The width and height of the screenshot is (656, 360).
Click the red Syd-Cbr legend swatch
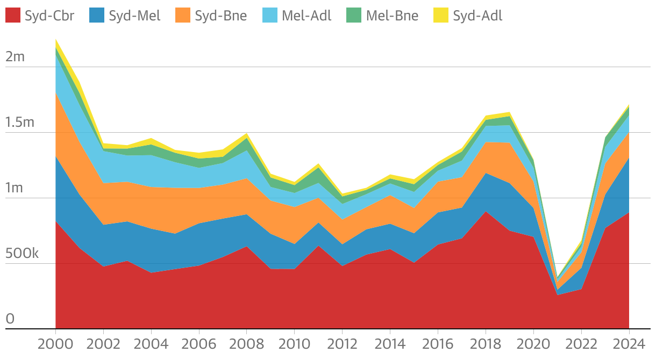[x=13, y=16]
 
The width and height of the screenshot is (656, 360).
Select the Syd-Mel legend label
[x=134, y=16]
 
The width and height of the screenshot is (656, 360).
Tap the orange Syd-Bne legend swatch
[x=183, y=16]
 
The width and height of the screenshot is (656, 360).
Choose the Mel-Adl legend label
[x=306, y=16]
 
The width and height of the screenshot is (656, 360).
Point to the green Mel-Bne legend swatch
[x=354, y=16]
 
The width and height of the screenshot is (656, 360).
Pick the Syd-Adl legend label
[x=477, y=16]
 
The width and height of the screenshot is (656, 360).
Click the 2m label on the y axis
[x=15, y=56]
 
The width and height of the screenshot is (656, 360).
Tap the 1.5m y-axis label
[x=20, y=122]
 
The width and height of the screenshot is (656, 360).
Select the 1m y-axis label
[x=15, y=188]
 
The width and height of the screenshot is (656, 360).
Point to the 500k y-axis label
[x=22, y=253]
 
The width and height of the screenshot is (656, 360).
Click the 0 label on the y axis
[x=10, y=319]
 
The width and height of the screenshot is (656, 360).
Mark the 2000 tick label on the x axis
[x=55, y=344]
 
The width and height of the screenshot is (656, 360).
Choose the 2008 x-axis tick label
[x=247, y=344]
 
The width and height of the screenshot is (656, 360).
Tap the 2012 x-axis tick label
[x=342, y=344]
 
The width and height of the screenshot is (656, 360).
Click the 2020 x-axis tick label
[x=533, y=344]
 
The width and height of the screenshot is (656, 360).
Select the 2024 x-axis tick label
[x=629, y=344]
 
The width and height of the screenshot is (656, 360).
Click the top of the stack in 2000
[x=55, y=39]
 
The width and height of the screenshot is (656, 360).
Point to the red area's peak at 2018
[x=486, y=211]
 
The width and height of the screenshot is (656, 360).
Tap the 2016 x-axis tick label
[x=438, y=344]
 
